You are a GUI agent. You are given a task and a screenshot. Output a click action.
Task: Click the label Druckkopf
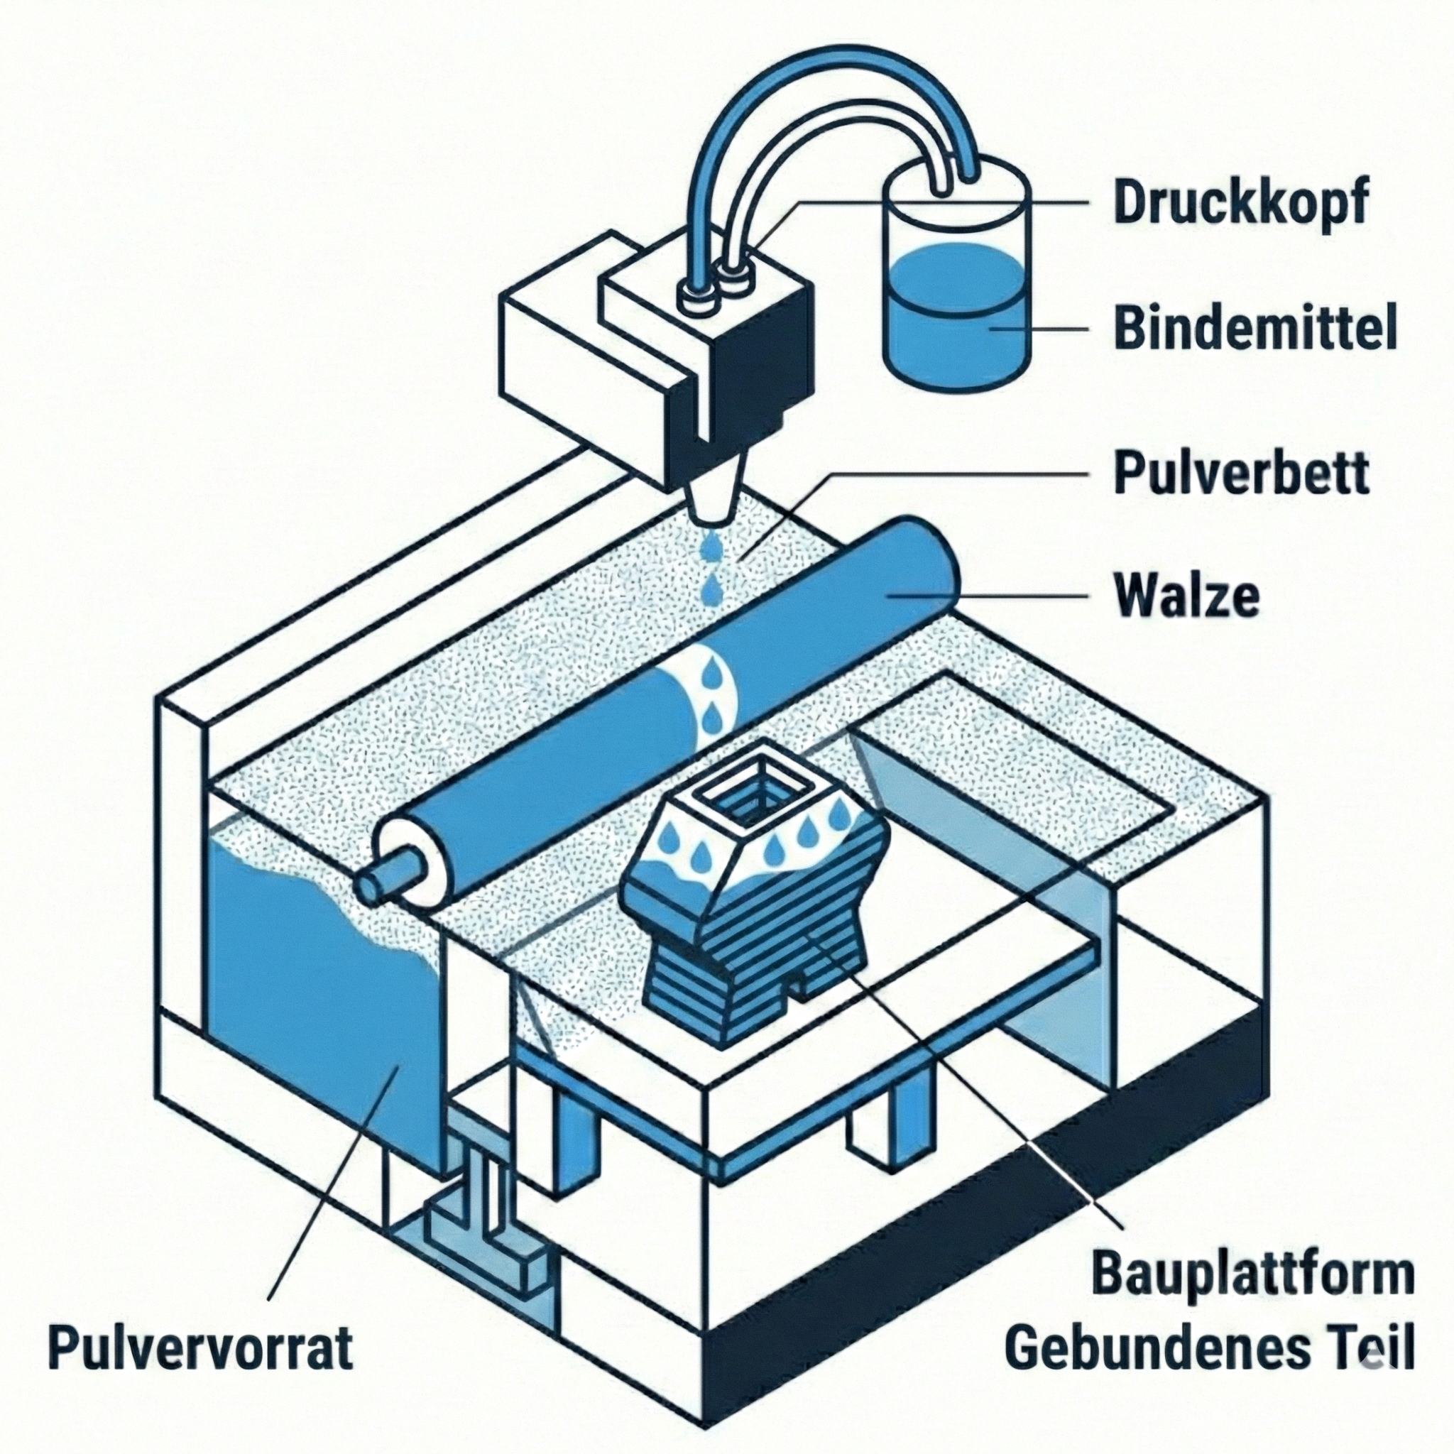(1238, 202)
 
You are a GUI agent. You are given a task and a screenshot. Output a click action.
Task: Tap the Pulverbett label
(1241, 472)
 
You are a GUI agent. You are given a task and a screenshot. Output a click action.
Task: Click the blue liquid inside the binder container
(955, 324)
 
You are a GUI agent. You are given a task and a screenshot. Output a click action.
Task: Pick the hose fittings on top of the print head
(715, 290)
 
